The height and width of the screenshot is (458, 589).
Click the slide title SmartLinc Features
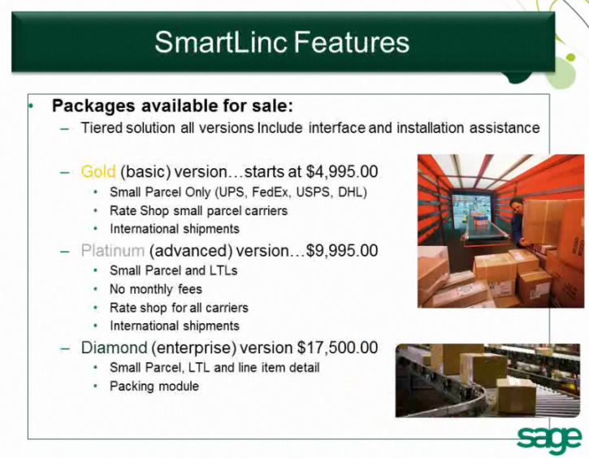(x=282, y=41)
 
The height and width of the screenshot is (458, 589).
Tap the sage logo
(x=549, y=436)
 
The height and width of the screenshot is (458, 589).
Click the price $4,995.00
(x=342, y=172)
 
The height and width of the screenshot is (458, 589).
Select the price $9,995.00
(x=342, y=251)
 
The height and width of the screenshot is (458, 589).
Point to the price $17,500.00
(x=337, y=348)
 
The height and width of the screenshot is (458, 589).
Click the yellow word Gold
(x=98, y=172)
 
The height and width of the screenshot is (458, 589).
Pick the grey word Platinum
(x=113, y=251)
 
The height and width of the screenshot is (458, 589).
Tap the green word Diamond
(x=114, y=348)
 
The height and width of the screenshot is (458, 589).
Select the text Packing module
(x=154, y=386)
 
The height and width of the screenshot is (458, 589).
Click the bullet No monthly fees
(x=156, y=289)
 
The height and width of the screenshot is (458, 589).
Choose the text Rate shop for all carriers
(x=179, y=308)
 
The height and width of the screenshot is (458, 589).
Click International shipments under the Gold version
(x=175, y=229)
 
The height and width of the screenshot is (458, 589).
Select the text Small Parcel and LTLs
(x=174, y=270)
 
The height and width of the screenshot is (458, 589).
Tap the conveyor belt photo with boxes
(x=488, y=380)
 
